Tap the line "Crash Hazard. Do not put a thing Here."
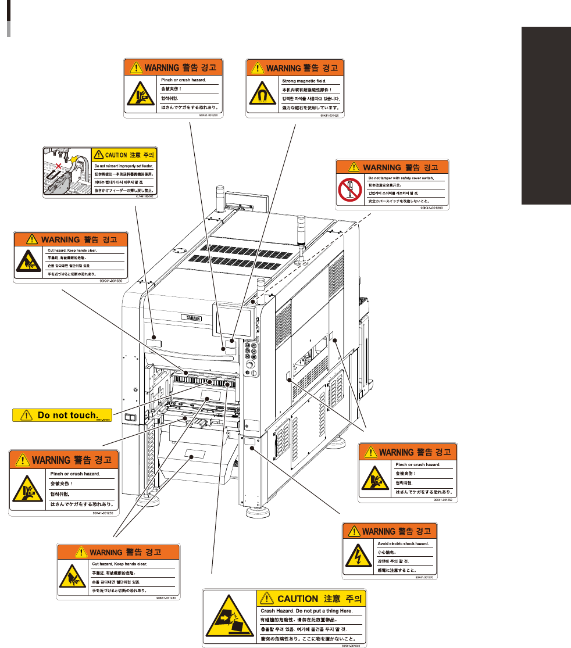pos(303,611)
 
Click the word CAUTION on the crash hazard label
pos(297,598)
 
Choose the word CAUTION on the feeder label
pos(116,155)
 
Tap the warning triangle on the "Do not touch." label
pos(26,415)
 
